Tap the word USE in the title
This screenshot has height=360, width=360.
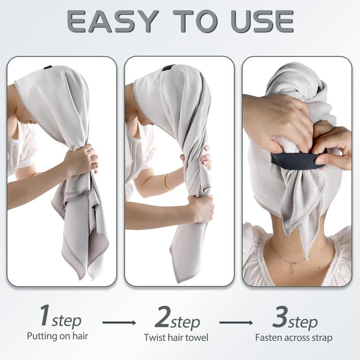tap(262, 21)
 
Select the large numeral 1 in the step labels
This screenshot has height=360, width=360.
tap(45, 315)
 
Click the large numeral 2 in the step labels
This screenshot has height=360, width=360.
tap(163, 317)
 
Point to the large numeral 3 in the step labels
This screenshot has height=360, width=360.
tap(280, 316)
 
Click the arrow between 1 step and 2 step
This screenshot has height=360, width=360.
tap(119, 323)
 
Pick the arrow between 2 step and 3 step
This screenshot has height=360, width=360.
tap(236, 323)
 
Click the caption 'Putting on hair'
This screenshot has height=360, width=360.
tap(58, 336)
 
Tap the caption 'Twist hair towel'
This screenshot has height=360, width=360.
tap(176, 337)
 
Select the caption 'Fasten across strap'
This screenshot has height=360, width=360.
tap(294, 338)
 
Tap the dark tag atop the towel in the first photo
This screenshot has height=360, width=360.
tap(48, 67)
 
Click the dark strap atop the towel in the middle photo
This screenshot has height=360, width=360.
tap(168, 68)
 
